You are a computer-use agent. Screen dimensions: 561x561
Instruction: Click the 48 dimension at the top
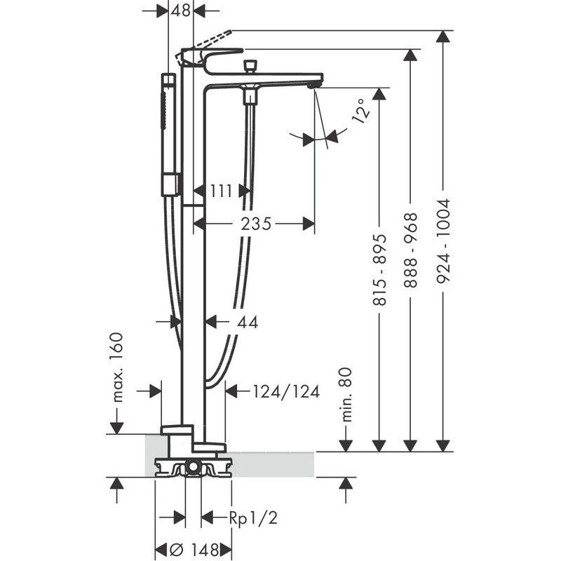tap(182, 11)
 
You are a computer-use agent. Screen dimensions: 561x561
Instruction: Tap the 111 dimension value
tap(222, 190)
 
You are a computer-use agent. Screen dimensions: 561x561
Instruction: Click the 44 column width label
tap(248, 322)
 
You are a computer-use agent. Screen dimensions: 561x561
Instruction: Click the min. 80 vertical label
tap(345, 394)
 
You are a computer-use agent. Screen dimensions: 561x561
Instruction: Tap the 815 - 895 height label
tap(379, 270)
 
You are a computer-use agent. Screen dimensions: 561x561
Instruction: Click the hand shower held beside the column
tap(168, 133)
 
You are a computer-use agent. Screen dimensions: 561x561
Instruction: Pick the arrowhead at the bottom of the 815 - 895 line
tap(379, 444)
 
